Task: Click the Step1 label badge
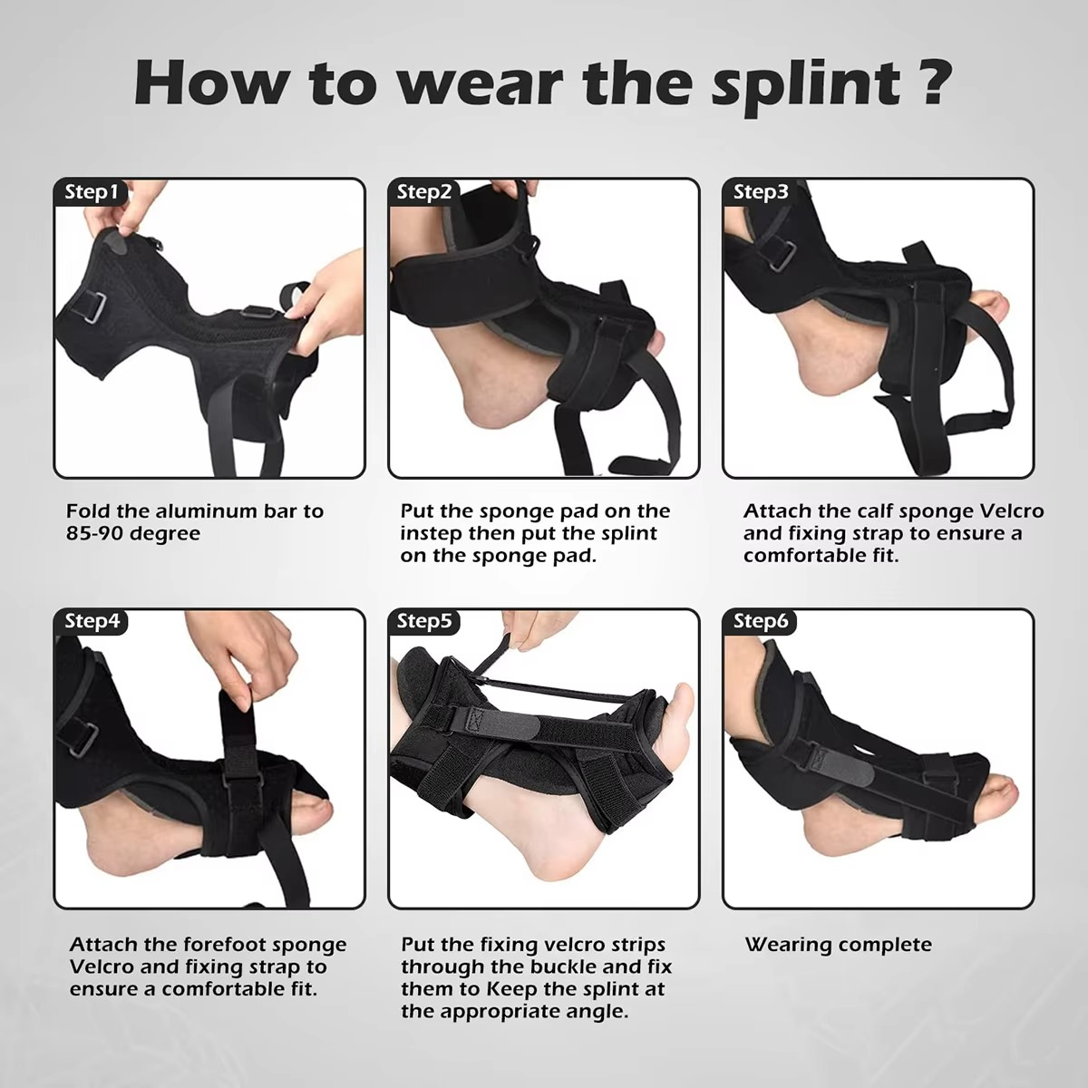[92, 192]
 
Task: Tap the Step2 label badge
[424, 192]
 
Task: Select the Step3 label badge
[761, 192]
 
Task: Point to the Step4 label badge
[92, 622]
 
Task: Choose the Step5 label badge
[424, 622]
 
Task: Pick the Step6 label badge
[761, 622]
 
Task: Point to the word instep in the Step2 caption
[432, 534]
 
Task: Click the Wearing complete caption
[838, 945]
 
